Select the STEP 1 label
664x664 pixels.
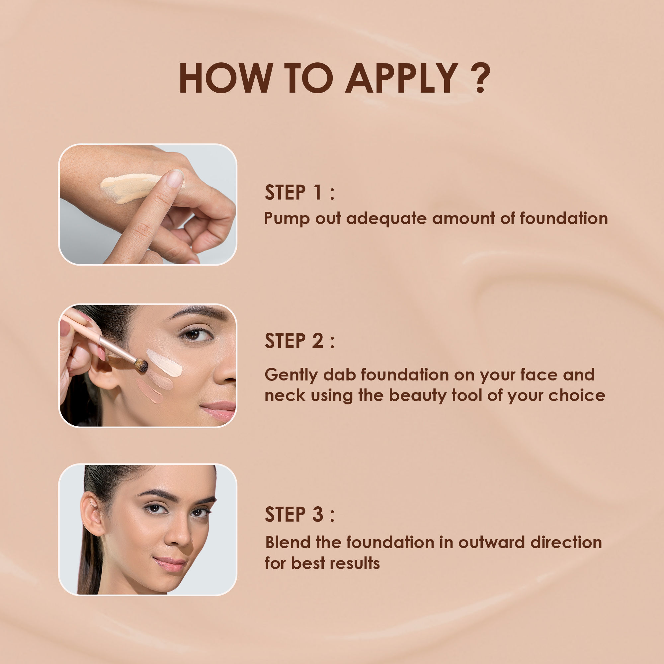(x=299, y=193)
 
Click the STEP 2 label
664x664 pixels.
(x=299, y=341)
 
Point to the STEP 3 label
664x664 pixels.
(x=299, y=514)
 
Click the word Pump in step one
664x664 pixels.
(x=287, y=219)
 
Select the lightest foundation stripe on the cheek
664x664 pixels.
(x=164, y=363)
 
